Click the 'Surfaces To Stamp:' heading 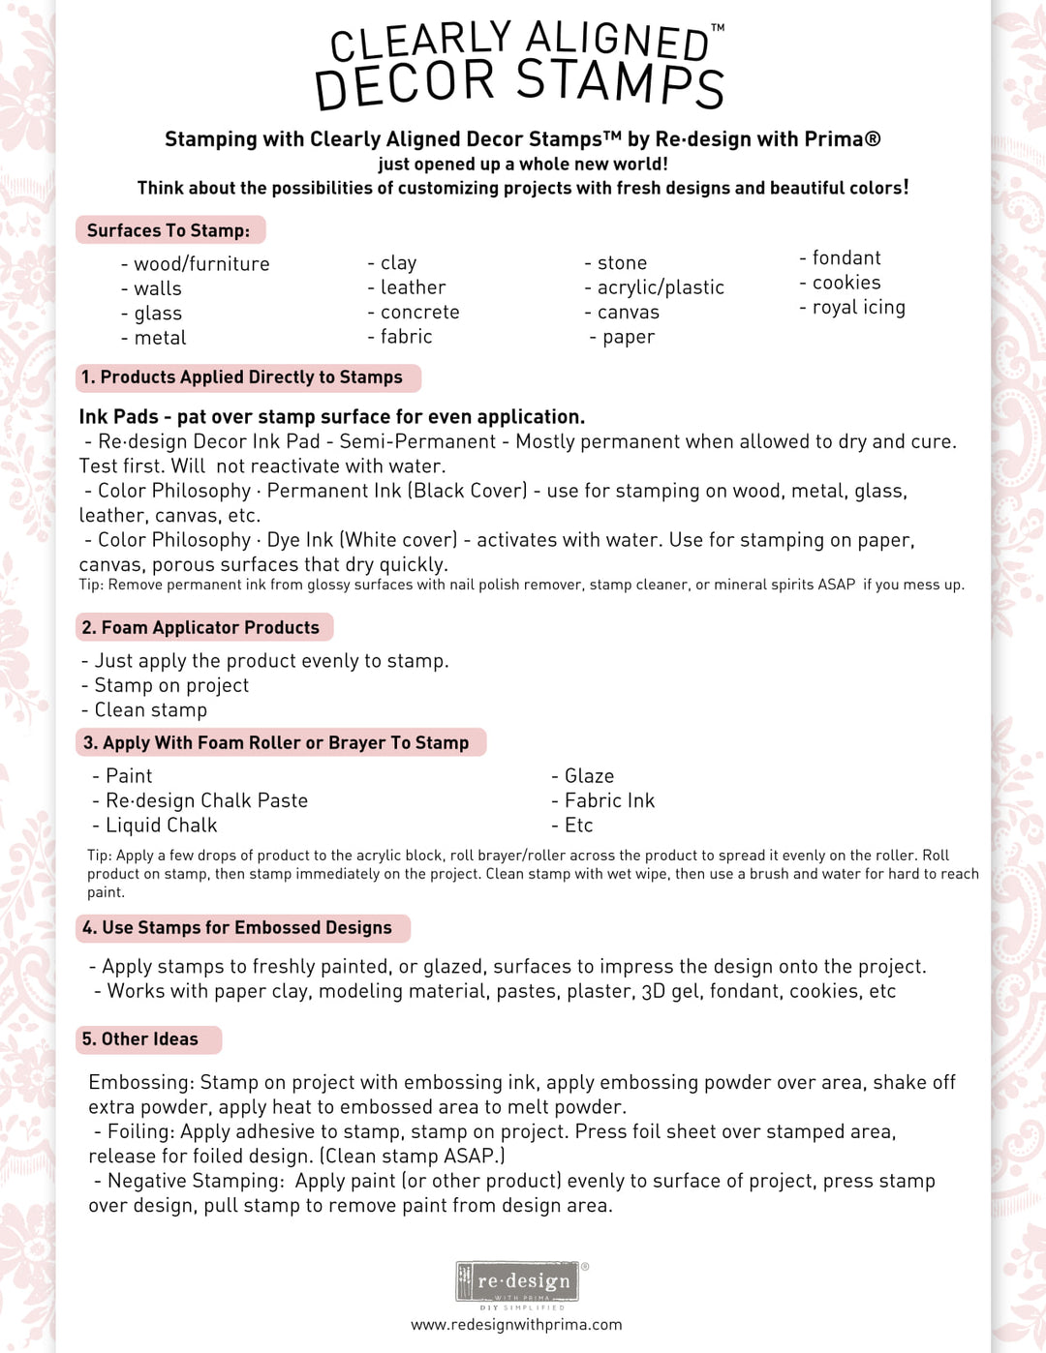pyautogui.click(x=169, y=230)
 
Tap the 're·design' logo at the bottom pyautogui.click(x=518, y=1281)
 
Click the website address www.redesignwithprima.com pyautogui.click(x=516, y=1324)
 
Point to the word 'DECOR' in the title pyautogui.click(x=405, y=85)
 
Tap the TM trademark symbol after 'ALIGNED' pyautogui.click(x=718, y=28)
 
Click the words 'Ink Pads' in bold pyautogui.click(x=118, y=417)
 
